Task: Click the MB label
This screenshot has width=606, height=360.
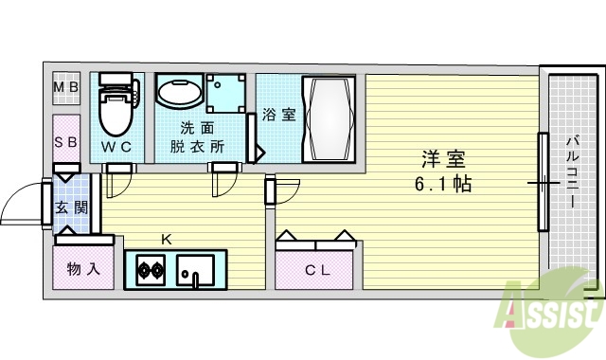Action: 65,90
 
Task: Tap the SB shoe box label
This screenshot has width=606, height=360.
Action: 65,143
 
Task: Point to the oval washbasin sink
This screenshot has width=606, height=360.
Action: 178,95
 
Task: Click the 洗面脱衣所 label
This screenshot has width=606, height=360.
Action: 197,136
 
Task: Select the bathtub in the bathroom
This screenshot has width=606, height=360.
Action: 327,118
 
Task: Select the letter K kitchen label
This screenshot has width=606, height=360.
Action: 166,239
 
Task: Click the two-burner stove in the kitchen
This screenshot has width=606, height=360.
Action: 150,271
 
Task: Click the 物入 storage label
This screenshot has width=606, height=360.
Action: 82,270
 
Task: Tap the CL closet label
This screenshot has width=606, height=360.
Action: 315,270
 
